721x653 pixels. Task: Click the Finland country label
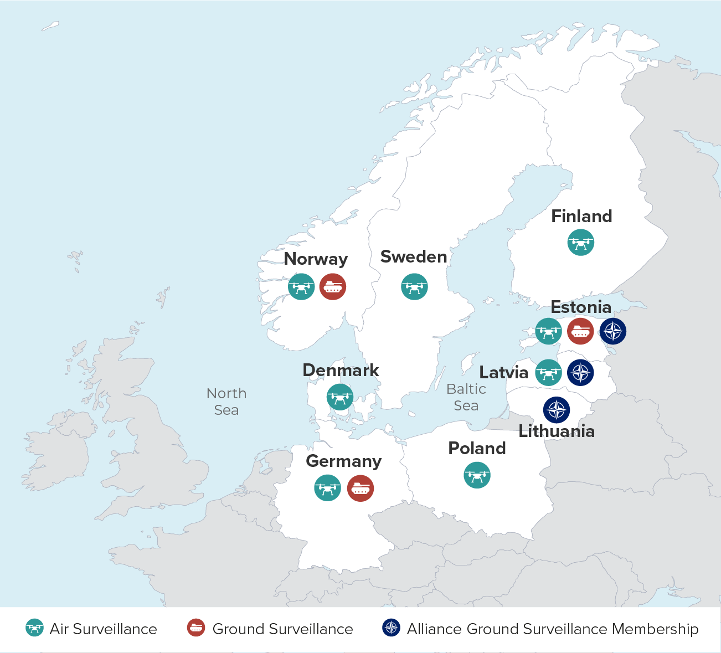click(581, 216)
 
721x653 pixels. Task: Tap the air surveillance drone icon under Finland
click(581, 243)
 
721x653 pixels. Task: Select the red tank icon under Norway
click(333, 287)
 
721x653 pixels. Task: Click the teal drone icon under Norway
click(301, 287)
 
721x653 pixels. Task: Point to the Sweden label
click(414, 257)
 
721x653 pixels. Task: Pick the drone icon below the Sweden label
click(414, 287)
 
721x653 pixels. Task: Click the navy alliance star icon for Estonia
click(613, 332)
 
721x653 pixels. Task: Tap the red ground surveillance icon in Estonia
click(581, 331)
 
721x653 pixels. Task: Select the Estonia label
click(581, 307)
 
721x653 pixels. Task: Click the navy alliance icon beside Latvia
click(580, 373)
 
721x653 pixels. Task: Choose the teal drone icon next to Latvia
click(549, 373)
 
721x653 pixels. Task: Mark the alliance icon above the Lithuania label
click(557, 410)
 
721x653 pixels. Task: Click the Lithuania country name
click(557, 431)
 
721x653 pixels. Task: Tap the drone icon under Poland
click(477, 475)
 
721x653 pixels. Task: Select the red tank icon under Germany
click(360, 489)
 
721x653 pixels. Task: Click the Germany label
click(344, 461)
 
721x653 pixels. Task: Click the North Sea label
click(226, 402)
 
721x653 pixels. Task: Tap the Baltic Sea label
click(466, 397)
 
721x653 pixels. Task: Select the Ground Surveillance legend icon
click(196, 628)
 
